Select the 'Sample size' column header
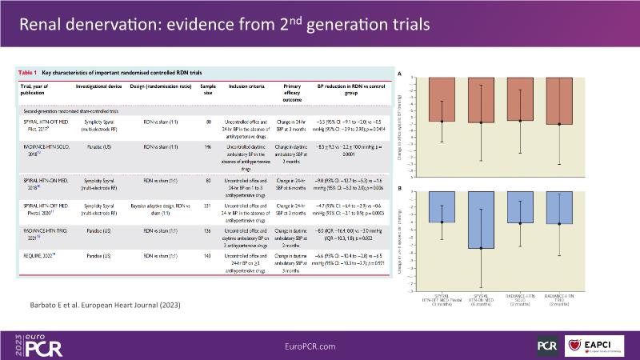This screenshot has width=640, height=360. [x=208, y=88]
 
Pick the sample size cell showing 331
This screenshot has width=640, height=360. [x=208, y=206]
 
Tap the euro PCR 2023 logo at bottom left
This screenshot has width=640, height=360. [x=32, y=345]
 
